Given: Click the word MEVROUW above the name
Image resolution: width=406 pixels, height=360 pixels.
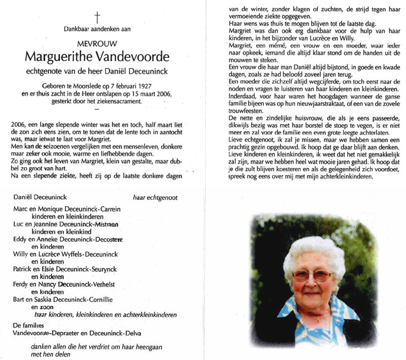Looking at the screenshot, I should [97, 44].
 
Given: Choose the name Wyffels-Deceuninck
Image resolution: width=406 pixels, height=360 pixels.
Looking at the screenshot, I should [94, 255].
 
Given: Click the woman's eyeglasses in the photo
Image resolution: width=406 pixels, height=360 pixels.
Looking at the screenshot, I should [310, 275].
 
